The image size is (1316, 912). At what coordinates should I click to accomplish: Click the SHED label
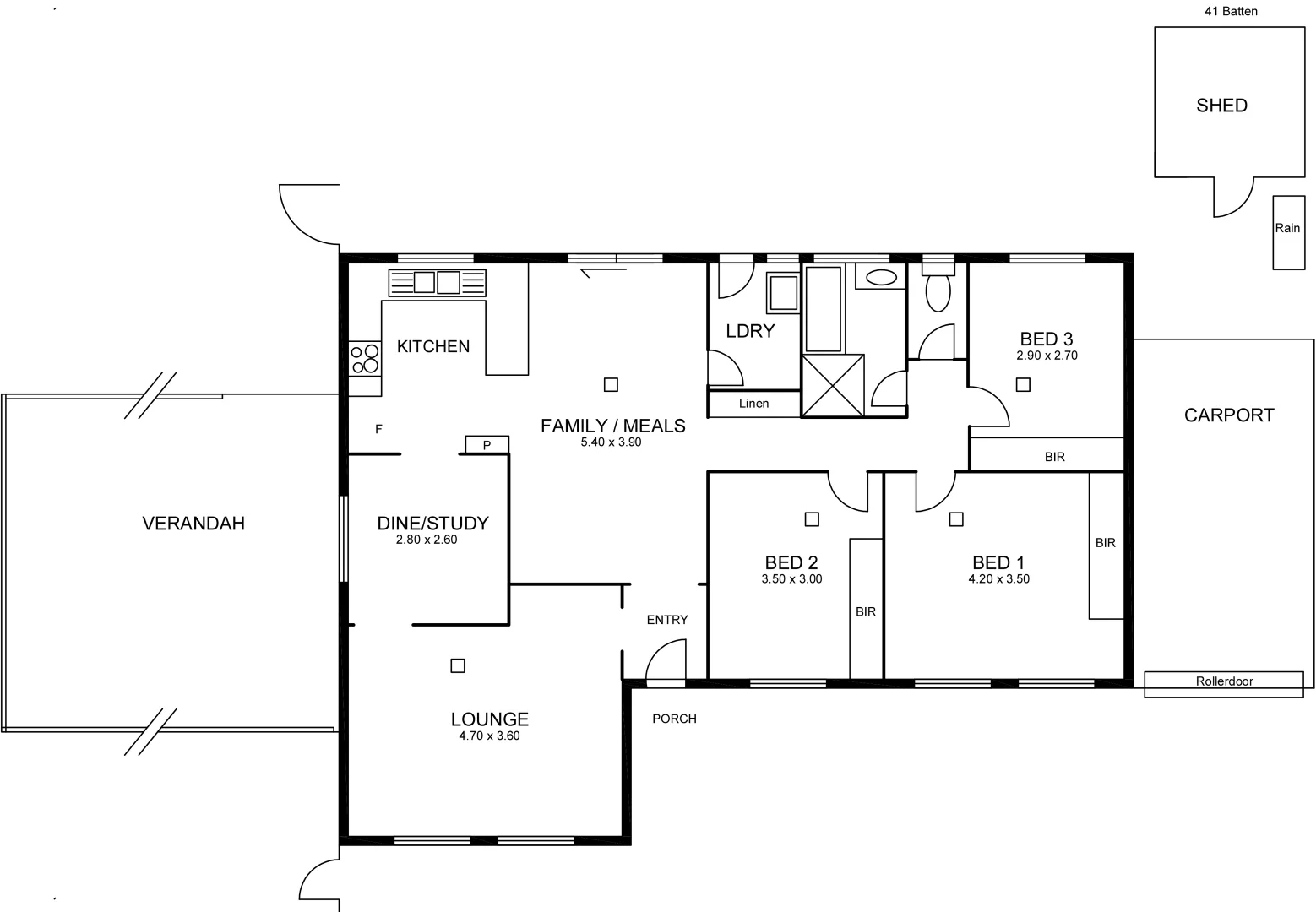[x=1221, y=106]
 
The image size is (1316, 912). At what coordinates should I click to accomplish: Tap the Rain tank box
[x=1288, y=231]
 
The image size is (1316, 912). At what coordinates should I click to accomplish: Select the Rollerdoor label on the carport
[x=1224, y=681]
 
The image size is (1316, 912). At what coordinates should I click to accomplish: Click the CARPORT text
[x=1228, y=415]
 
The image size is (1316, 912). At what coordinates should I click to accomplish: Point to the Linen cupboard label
[x=753, y=404]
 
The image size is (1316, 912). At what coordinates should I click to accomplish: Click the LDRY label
[x=750, y=331]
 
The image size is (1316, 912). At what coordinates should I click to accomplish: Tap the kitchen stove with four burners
[x=365, y=358]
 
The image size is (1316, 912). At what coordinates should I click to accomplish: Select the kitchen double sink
[x=437, y=282]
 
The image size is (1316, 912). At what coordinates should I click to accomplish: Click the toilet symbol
[x=938, y=290]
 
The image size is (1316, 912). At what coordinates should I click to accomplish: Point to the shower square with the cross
[x=833, y=385]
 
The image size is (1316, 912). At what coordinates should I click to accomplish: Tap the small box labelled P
[x=487, y=444]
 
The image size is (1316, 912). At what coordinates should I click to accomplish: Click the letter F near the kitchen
[x=378, y=429]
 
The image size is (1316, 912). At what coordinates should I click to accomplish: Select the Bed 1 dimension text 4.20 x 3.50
[x=998, y=579]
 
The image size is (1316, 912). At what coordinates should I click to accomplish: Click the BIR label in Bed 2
[x=866, y=611]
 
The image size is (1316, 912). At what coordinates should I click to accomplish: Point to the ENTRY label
[x=667, y=620]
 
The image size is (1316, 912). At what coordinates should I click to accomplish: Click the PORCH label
[x=674, y=719]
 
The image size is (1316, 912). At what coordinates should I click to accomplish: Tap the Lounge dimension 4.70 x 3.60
[x=489, y=736]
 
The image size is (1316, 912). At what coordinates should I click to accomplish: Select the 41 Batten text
[x=1231, y=11]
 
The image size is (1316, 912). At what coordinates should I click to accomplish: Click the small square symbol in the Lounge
[x=458, y=665]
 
